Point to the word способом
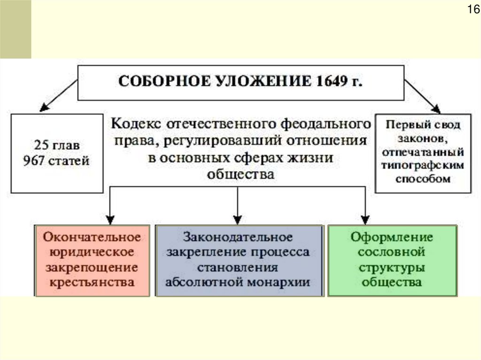423,179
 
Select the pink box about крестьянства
92,260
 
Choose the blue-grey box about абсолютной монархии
240,260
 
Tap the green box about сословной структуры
392,260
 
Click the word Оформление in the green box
392,237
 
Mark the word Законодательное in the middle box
238,237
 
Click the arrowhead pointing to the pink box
110,219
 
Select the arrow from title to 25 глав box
59,94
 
